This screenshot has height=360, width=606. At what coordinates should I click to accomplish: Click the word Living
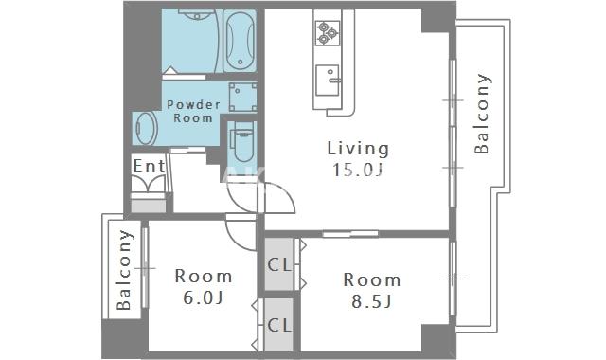tap(358, 150)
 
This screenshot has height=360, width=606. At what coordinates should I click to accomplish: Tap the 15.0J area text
tap(358, 170)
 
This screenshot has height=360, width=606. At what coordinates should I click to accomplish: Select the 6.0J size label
tap(203, 297)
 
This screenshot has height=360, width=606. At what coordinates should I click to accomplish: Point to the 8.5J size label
tap(371, 301)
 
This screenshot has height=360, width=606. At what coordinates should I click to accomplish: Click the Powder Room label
tap(193, 112)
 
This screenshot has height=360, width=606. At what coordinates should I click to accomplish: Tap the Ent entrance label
tap(149, 167)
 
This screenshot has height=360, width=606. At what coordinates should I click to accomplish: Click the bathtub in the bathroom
tap(240, 40)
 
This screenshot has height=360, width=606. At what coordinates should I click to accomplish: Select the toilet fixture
tap(242, 141)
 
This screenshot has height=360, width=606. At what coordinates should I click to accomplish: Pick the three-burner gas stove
tap(328, 33)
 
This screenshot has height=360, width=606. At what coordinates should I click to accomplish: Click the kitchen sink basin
tap(328, 80)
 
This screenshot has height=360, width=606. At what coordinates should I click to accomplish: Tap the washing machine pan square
tap(242, 97)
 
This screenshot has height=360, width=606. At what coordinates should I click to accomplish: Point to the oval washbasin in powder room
tap(146, 129)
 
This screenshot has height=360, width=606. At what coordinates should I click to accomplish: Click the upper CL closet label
tap(279, 264)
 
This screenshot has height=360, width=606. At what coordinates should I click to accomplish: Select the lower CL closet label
tap(279, 325)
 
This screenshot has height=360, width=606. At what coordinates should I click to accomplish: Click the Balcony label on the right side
tap(482, 114)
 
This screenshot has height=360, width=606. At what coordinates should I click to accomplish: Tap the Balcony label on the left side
tap(124, 270)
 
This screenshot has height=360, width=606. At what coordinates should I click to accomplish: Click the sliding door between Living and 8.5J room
tap(350, 234)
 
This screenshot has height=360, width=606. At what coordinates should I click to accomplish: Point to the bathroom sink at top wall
tap(197, 15)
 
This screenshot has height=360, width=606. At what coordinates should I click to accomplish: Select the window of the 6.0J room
tap(145, 267)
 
